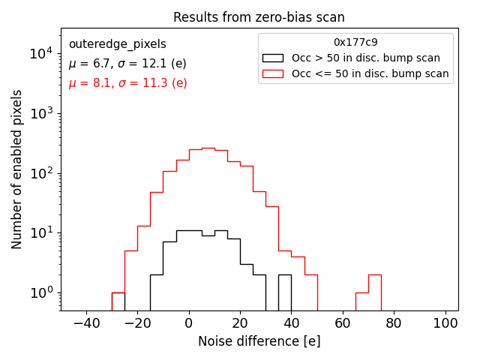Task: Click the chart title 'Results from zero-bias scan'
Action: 259,17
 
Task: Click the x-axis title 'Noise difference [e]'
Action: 259,341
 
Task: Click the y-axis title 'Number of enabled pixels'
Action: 16,169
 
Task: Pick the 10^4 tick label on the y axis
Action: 40,53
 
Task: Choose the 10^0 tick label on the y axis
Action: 40,292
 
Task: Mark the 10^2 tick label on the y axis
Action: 40,173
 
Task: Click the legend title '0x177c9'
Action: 355,43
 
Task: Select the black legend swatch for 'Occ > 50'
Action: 273,58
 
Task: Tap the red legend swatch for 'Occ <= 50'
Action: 273,73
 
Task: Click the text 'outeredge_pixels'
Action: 117,44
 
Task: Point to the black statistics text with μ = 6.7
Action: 127,64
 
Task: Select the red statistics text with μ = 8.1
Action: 127,83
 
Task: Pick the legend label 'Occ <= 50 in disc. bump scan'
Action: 370,73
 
